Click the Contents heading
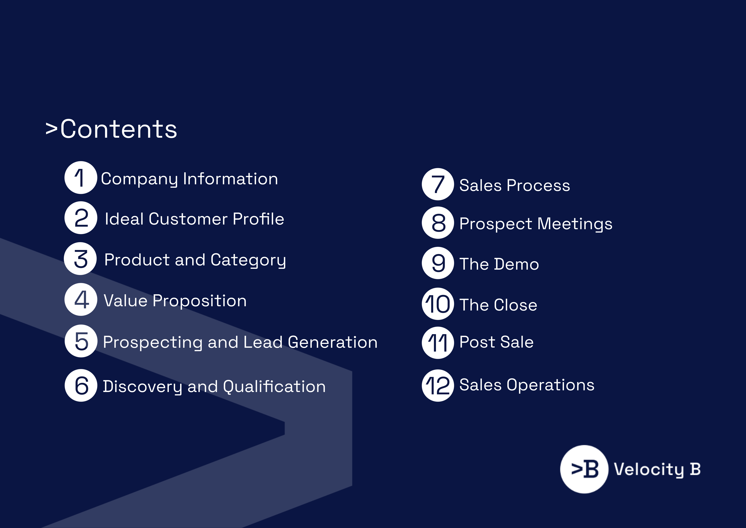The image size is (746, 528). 111,129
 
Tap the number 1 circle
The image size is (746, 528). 81,177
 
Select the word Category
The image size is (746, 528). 248,260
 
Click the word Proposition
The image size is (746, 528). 199,301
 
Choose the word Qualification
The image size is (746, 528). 275,386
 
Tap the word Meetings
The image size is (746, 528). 575,224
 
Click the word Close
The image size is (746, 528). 516,305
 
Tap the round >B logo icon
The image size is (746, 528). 584,469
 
